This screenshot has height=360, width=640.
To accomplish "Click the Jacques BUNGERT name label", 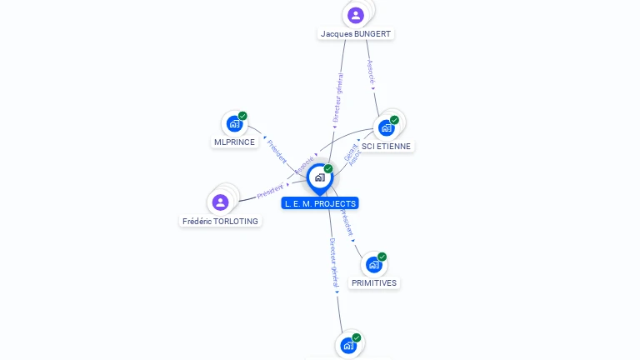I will [x=356, y=34].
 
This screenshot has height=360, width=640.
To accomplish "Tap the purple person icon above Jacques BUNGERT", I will [x=356, y=15].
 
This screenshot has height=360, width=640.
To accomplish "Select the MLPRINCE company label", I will [x=234, y=142].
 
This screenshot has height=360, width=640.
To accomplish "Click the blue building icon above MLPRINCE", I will [x=234, y=124].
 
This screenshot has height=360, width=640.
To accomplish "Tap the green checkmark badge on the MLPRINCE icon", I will [x=242, y=116].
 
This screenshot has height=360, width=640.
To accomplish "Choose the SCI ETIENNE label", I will [x=386, y=146].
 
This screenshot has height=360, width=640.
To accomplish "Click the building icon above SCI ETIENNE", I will [x=386, y=127].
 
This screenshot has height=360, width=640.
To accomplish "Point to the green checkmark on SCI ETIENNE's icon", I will [x=394, y=120].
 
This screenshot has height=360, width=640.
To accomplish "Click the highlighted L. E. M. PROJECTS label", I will [x=320, y=203].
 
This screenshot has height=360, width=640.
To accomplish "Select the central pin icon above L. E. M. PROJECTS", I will [x=319, y=177].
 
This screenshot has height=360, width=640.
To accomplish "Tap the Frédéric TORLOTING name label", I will [x=221, y=222].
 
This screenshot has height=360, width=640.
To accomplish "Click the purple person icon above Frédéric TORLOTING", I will [x=220, y=202].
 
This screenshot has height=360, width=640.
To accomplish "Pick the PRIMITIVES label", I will [x=374, y=283].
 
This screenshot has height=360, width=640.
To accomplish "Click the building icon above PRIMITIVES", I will [x=373, y=265].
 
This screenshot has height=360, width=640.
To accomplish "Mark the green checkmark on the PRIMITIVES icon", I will [x=382, y=257].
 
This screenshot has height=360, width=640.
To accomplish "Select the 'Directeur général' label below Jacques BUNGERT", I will [x=338, y=98].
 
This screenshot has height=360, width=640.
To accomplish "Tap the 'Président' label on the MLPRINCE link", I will [x=277, y=151].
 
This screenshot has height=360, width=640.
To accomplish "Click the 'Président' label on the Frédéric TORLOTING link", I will [x=270, y=191].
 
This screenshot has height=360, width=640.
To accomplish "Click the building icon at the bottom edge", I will [x=347, y=345].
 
